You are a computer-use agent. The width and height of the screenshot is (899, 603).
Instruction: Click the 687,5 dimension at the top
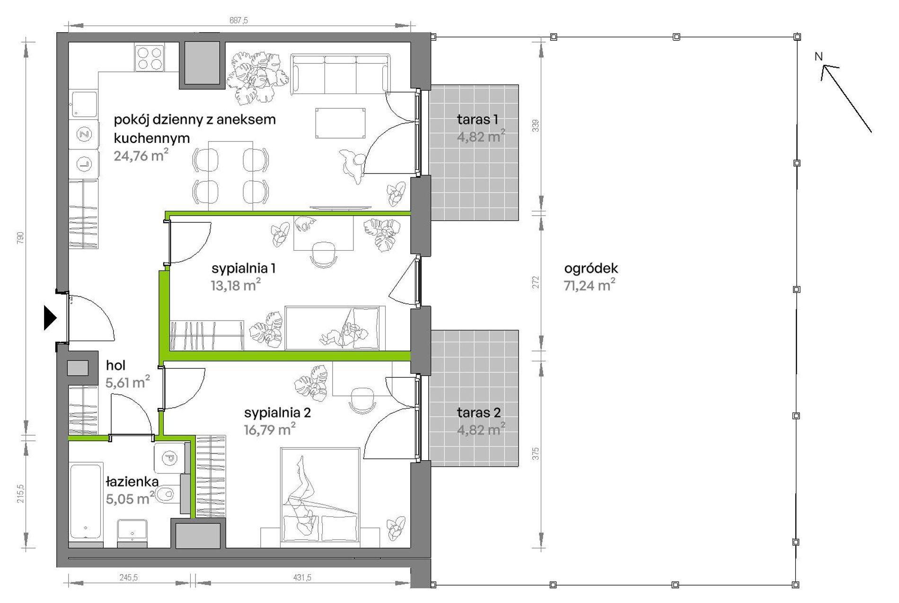pyautogui.click(x=238, y=20)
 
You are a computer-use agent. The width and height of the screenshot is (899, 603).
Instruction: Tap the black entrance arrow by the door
pyautogui.click(x=50, y=317)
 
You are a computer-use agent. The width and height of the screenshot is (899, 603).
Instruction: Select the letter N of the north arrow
pyautogui.click(x=819, y=57)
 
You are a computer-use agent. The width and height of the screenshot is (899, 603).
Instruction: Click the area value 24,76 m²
pyautogui.click(x=141, y=155)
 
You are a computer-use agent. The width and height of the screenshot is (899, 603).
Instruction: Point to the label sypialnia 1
pyautogui.click(x=243, y=269)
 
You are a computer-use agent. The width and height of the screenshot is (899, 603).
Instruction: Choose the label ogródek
pyautogui.click(x=591, y=269)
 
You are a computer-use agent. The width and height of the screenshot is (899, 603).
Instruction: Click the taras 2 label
pyautogui.click(x=478, y=412)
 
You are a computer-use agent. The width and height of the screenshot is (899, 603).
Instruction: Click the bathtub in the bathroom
pyautogui.click(x=86, y=501)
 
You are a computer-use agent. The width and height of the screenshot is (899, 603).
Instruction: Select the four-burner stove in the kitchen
pyautogui.click(x=150, y=57)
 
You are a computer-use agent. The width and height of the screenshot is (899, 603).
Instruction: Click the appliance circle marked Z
pyautogui.click(x=84, y=135)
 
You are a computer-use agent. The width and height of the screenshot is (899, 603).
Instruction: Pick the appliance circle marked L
pyautogui.click(x=84, y=164)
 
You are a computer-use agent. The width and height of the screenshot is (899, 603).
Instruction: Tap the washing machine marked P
pyautogui.click(x=169, y=458)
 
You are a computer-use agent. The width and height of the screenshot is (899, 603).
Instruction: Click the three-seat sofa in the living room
pyautogui.click(x=340, y=74)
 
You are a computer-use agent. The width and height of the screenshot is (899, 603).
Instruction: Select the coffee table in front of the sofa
pyautogui.click(x=340, y=123)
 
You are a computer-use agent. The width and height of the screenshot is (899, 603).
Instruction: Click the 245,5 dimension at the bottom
pyautogui.click(x=128, y=577)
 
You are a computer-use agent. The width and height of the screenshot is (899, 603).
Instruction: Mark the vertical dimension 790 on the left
pyautogui.click(x=20, y=237)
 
